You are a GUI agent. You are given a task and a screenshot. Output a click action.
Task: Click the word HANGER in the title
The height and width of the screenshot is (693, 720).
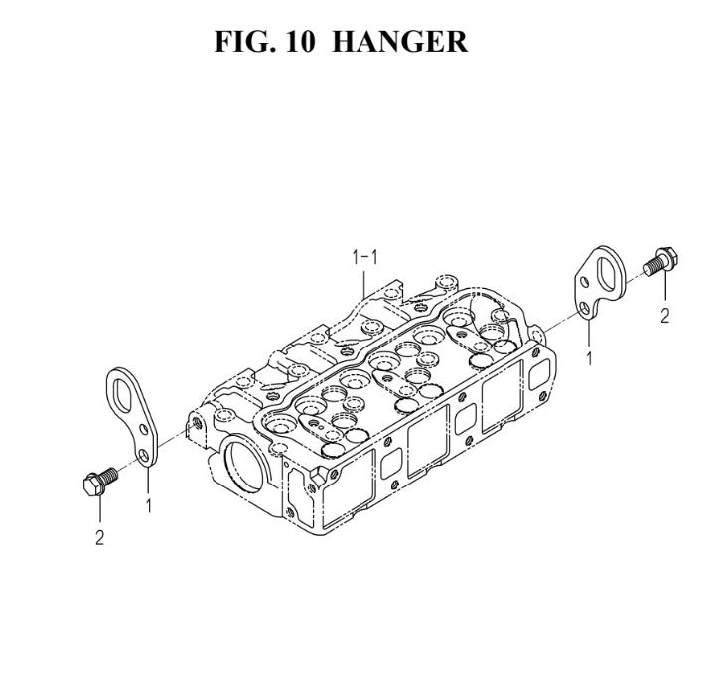tap(399, 42)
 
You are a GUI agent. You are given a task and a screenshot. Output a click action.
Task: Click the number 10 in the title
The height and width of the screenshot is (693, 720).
tap(301, 42)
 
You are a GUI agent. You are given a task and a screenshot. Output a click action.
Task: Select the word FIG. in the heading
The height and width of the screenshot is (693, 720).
tap(245, 42)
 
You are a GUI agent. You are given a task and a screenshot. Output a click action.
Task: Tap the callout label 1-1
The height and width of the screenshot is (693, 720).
tap(364, 257)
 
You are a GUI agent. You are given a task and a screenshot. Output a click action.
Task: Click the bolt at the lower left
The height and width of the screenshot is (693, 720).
tap(100, 481)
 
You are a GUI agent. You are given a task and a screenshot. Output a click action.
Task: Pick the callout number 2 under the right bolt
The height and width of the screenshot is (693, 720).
tap(665, 316)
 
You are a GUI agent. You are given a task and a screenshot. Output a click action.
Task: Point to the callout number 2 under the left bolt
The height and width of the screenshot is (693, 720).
tap(99, 537)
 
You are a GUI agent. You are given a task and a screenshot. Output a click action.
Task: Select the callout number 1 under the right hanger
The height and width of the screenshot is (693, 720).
tap(589, 358)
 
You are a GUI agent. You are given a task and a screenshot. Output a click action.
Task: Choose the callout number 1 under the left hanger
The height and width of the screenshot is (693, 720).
tap(148, 505)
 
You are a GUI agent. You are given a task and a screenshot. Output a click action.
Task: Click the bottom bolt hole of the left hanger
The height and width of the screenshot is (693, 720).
tap(144, 456)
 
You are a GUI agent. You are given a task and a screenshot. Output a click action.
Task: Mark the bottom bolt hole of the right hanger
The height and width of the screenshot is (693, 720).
tap(584, 308)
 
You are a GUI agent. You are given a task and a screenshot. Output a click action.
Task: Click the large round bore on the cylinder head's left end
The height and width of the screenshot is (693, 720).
tap(243, 467)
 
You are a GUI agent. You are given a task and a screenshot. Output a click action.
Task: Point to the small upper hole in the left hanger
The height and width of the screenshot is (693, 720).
tap(144, 430)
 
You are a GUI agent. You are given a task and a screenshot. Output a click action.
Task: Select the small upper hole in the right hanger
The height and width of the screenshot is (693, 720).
tap(584, 281)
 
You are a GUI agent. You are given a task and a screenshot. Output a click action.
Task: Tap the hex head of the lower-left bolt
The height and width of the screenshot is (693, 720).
tap(93, 485)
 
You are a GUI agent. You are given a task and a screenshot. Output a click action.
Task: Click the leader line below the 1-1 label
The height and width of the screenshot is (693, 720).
tap(364, 284)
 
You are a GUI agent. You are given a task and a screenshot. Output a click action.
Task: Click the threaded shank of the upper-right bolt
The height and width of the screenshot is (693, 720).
tap(650, 267)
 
